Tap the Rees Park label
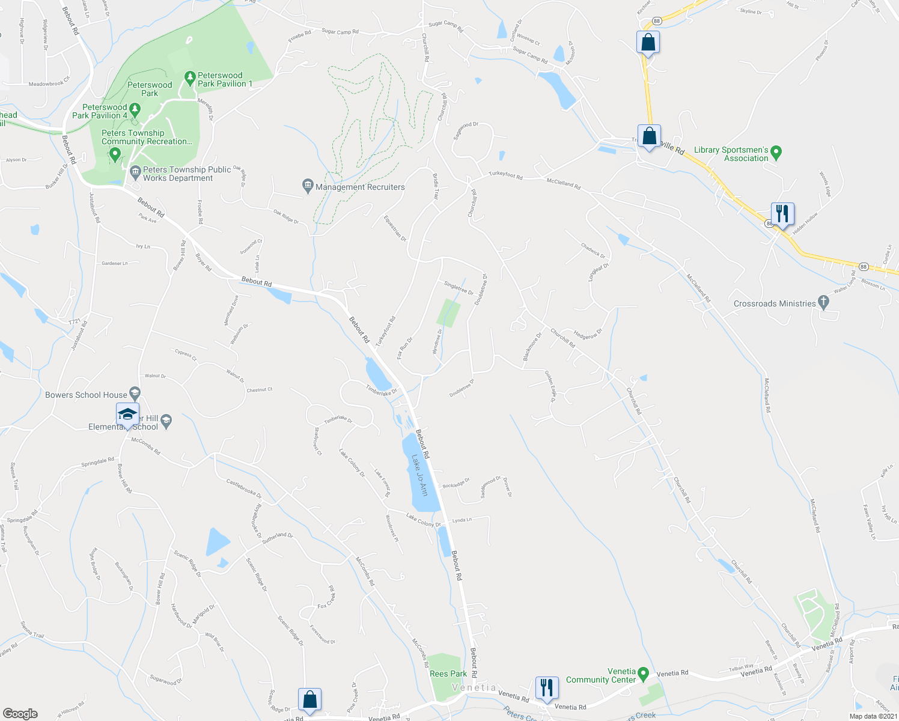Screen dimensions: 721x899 (x=448, y=674)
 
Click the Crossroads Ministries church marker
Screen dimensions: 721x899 (x=823, y=303)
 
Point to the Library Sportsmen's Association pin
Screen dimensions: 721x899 (x=776, y=153)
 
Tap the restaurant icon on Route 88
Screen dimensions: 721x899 (x=782, y=213)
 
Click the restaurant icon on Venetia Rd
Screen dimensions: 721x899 (x=546, y=687)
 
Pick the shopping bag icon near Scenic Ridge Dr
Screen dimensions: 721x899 (x=309, y=699)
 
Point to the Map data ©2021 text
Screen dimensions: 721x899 (x=873, y=716)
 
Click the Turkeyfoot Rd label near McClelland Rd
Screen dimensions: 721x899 (x=505, y=175)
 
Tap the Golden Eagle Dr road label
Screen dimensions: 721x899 (x=550, y=386)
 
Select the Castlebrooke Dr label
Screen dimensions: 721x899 (x=243, y=488)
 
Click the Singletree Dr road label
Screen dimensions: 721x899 (x=459, y=288)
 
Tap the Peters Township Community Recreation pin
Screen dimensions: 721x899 (x=115, y=154)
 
